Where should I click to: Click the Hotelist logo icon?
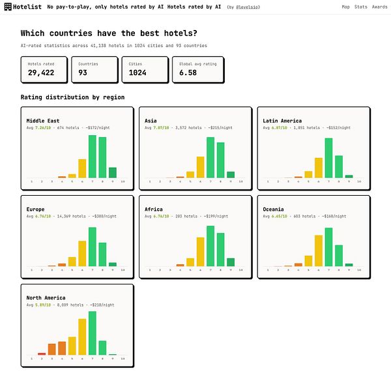(7, 7)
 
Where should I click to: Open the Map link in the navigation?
(345, 7)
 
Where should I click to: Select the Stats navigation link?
(362, 7)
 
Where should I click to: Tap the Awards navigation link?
(379, 7)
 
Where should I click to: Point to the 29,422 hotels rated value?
(41, 73)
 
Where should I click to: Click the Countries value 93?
(83, 73)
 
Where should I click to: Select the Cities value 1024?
(138, 73)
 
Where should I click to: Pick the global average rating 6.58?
(188, 73)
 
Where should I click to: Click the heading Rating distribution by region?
(72, 97)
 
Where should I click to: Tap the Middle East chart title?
(43, 120)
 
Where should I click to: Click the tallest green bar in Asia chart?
(210, 157)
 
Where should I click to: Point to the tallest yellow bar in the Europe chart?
(82, 253)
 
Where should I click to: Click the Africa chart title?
(154, 209)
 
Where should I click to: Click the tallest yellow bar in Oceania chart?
(318, 250)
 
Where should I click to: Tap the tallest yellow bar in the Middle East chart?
(82, 168)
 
